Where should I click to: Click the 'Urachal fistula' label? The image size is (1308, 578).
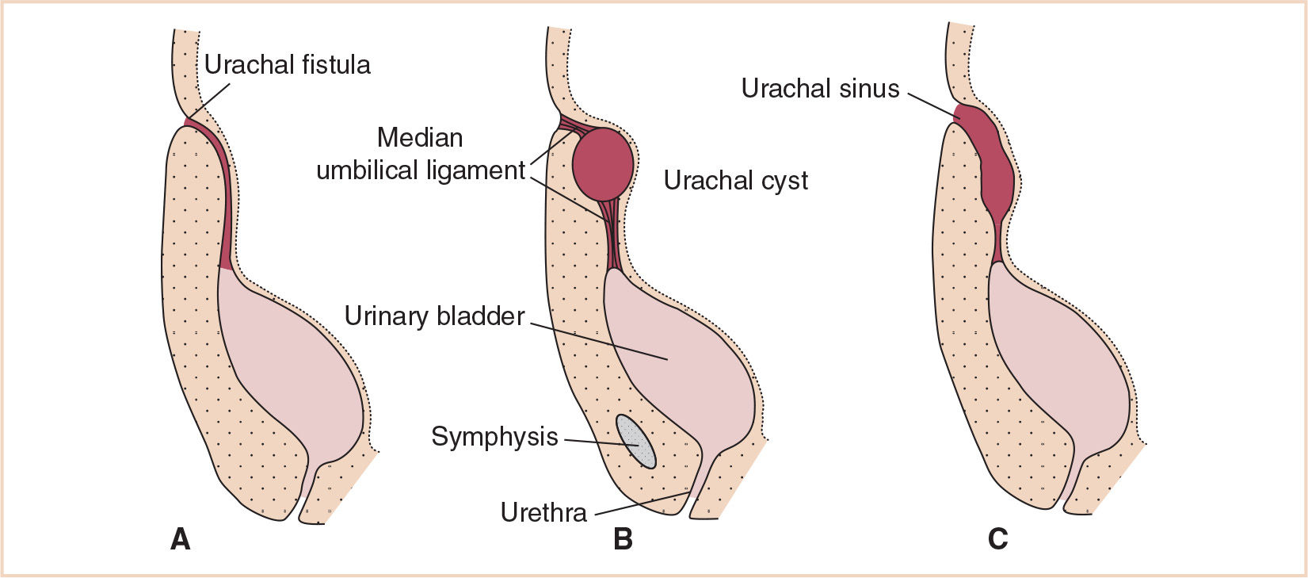[287, 64]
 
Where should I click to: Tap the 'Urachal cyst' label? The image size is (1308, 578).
[735, 181]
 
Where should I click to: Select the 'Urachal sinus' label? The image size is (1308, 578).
[820, 88]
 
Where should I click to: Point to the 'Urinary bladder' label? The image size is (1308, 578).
[434, 316]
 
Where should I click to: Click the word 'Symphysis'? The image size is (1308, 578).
[494, 436]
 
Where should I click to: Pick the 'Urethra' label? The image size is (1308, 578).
[543, 512]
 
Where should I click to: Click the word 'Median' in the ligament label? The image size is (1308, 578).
[420, 137]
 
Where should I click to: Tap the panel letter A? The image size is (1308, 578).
[180, 539]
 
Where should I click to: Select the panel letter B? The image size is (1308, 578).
[623, 539]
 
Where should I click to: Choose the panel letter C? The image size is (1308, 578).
[997, 539]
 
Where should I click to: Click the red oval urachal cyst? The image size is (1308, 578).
[603, 164]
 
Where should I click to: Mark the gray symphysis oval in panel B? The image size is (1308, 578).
[637, 442]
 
